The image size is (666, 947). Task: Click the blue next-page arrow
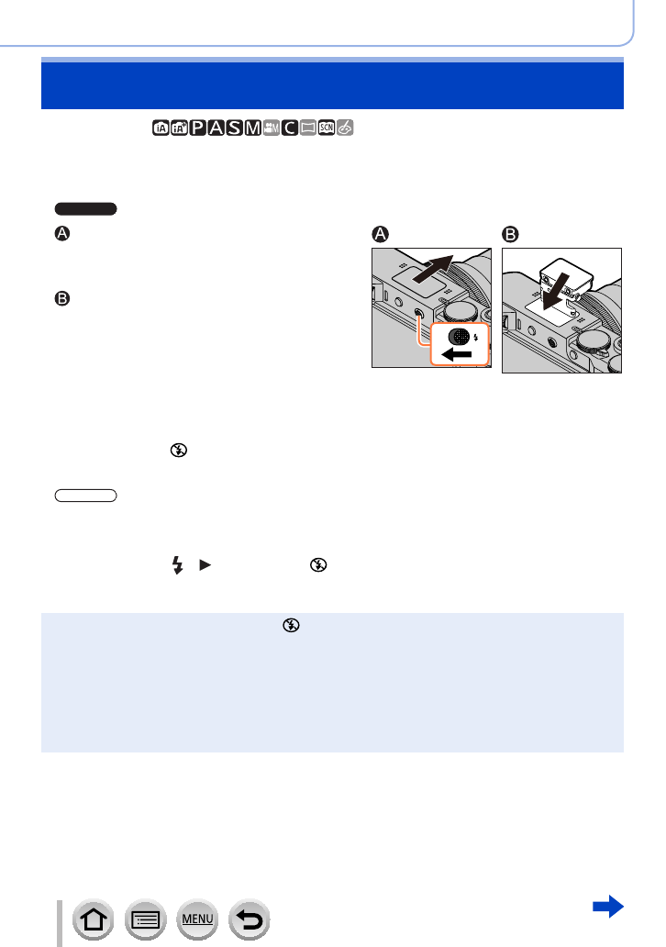608,908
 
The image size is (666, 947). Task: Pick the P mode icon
196,128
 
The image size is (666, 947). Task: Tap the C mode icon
289,128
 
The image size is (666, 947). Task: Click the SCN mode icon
327,128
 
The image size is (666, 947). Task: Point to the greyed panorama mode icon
308,128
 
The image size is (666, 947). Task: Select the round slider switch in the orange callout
459,334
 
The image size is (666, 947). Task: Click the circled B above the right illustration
510,234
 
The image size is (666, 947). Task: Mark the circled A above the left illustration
380,234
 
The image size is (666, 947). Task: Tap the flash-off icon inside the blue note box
292,626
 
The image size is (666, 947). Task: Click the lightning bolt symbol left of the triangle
177,568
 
